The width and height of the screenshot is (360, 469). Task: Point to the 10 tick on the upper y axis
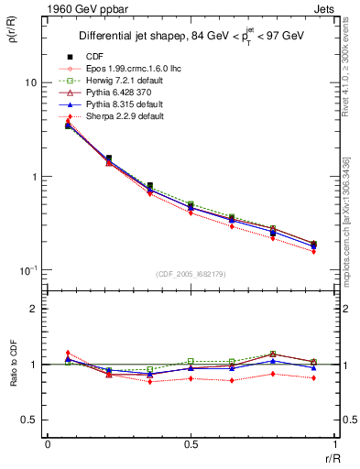pyautogui.click(x=31, y=82)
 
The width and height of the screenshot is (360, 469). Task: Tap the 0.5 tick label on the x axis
pyautogui.click(x=190, y=444)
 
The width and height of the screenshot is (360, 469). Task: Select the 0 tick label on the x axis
pyautogui.click(x=48, y=444)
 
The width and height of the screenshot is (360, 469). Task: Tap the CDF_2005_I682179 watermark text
pyautogui.click(x=190, y=274)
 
